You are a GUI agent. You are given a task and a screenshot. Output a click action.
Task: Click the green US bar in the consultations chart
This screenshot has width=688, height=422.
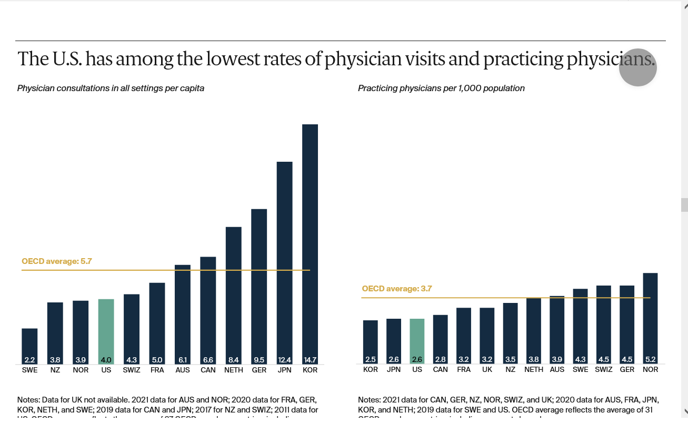coord(106,331)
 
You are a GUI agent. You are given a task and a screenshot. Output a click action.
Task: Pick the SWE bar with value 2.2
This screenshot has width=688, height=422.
coord(29,346)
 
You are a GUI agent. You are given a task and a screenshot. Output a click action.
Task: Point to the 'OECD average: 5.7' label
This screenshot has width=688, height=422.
coord(57,261)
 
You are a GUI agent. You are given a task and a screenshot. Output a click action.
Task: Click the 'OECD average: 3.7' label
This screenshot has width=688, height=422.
coord(397,289)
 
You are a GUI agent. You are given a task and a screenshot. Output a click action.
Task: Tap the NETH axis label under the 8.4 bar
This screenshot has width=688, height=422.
coord(234,370)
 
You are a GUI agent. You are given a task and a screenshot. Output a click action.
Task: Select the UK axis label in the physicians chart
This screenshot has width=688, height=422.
coord(487,369)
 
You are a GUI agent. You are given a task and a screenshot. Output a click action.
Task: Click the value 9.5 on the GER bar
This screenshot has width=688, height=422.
coord(259,360)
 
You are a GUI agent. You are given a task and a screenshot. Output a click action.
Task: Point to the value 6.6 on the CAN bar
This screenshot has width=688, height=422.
coord(208,360)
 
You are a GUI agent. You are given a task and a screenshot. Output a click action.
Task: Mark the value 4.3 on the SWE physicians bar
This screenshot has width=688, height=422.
coord(580,360)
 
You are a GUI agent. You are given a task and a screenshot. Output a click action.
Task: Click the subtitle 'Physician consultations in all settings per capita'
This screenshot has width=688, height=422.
coord(111,89)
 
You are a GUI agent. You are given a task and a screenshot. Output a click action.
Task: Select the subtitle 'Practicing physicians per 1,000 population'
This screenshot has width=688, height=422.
coord(441,89)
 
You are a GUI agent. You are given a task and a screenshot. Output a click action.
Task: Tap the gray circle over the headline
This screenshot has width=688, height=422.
coord(637,67)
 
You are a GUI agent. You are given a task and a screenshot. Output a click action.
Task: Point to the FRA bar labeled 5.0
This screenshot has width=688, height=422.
coord(157,323)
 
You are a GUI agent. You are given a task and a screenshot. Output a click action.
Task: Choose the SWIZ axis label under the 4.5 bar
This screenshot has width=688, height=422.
coord(603,369)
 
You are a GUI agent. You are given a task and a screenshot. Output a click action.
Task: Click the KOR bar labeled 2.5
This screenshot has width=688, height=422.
coord(371,341)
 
